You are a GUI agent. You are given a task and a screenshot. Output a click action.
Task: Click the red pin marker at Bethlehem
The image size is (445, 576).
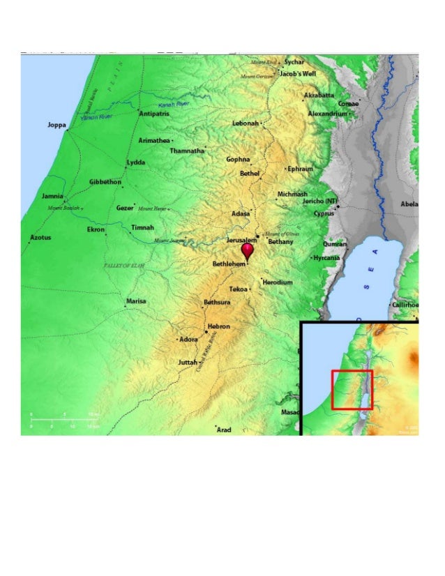[247, 250]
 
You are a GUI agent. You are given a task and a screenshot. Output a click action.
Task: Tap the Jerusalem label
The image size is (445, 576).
[241, 240]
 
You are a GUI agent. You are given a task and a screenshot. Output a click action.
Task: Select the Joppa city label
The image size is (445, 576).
[56, 125]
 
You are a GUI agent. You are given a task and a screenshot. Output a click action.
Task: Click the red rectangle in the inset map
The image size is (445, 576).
[352, 390]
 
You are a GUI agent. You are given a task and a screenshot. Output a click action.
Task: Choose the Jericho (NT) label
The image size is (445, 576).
[319, 202]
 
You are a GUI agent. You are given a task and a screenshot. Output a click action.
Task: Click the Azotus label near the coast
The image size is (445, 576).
[40, 238]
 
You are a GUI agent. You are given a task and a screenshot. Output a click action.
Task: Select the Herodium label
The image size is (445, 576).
[278, 282]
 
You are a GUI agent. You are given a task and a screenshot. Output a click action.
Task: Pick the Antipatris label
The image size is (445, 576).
[154, 113]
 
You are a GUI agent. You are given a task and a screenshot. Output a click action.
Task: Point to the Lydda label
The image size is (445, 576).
[136, 162]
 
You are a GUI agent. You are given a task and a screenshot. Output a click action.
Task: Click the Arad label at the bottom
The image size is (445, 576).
[224, 430]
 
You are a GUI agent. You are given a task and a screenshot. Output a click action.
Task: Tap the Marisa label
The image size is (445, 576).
[136, 301]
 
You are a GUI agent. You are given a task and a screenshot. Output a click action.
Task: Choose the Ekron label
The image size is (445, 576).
[96, 229]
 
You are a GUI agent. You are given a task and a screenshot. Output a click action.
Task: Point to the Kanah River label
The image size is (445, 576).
[174, 104]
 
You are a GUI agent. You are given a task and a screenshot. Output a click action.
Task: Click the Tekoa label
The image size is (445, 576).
[238, 288]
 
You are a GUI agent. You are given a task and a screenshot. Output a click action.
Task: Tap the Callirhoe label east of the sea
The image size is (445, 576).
[405, 305]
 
